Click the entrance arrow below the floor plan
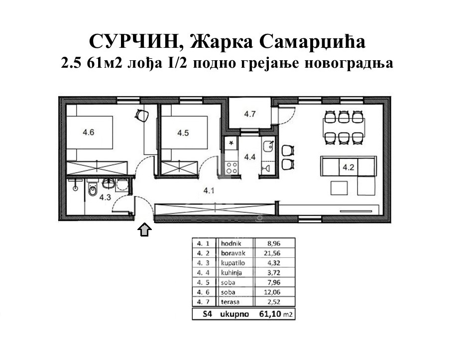point(145,230)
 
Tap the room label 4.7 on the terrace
point(249,114)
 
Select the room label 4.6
point(88,132)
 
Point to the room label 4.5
point(183,132)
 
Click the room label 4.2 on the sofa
point(349,167)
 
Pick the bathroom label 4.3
point(105,197)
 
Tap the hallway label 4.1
point(209,191)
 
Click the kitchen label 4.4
point(249,157)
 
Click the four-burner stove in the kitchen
point(232,168)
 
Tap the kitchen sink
point(269,146)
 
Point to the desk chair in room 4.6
point(142,115)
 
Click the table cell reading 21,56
point(272,253)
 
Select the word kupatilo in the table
point(233,263)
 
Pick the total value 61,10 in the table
point(270,314)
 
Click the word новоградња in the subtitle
point(349,63)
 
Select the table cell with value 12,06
point(272,292)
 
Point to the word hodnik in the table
point(231,243)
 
